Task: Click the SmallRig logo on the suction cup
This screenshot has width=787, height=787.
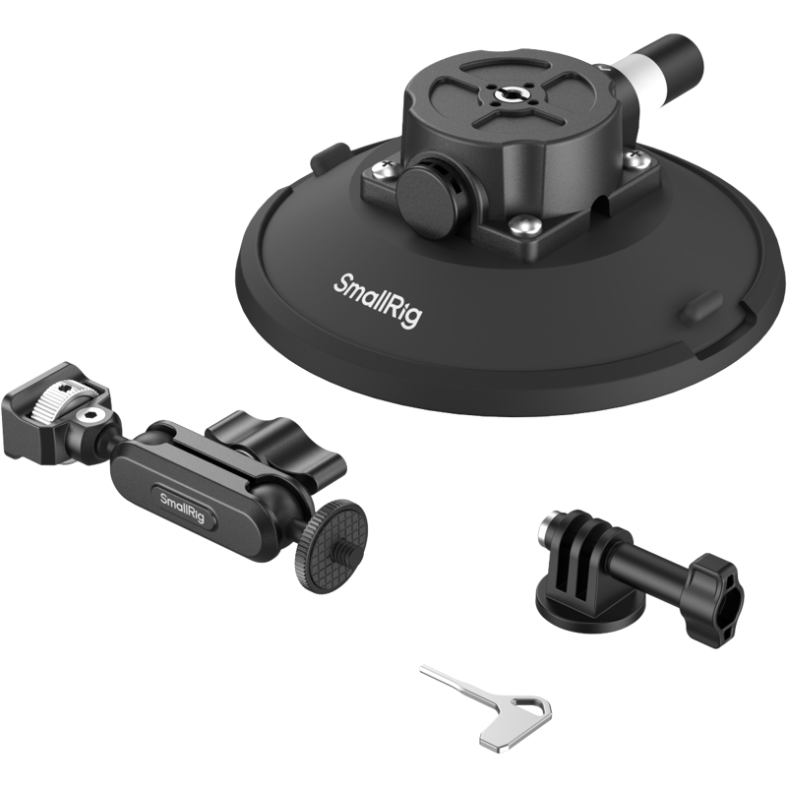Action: [x=378, y=301]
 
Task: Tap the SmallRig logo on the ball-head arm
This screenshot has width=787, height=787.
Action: [x=183, y=507]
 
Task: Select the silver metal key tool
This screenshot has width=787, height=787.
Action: [x=488, y=708]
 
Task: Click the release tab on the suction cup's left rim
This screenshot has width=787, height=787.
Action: [x=330, y=155]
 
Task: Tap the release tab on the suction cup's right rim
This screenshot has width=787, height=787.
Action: [x=700, y=306]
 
